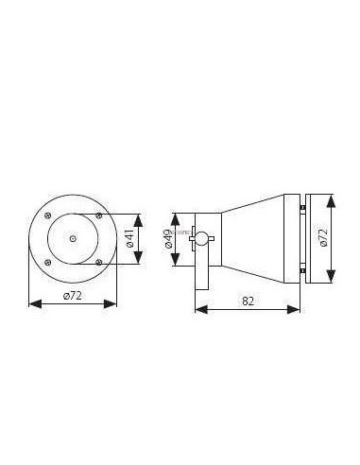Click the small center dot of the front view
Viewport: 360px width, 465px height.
coord(73,239)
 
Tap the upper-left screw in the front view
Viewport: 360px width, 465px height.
coord(47,217)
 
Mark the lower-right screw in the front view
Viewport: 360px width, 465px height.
coord(97,263)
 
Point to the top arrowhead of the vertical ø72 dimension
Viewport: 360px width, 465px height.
coord(333,199)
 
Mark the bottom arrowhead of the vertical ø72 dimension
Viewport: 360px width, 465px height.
coord(333,280)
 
